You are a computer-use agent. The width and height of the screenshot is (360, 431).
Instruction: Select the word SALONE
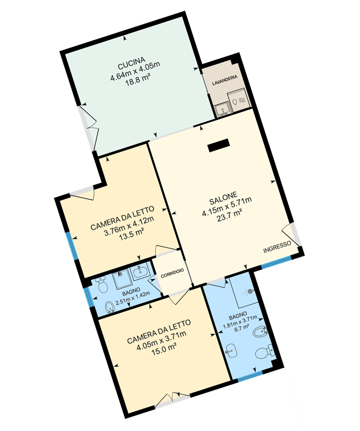(223, 198)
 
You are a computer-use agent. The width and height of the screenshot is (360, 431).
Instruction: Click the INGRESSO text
(277, 247)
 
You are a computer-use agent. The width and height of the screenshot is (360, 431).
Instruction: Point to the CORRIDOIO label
(172, 274)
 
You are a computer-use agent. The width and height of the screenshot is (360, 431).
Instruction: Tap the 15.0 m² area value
(164, 349)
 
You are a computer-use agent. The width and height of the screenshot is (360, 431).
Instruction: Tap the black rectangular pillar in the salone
(218, 145)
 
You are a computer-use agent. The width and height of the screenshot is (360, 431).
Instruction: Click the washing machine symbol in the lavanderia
(238, 101)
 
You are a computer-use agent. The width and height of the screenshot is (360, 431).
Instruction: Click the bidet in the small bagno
(110, 308)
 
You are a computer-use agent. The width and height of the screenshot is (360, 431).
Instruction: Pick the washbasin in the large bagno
(231, 351)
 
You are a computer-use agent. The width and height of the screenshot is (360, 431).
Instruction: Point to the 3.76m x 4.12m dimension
(129, 226)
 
